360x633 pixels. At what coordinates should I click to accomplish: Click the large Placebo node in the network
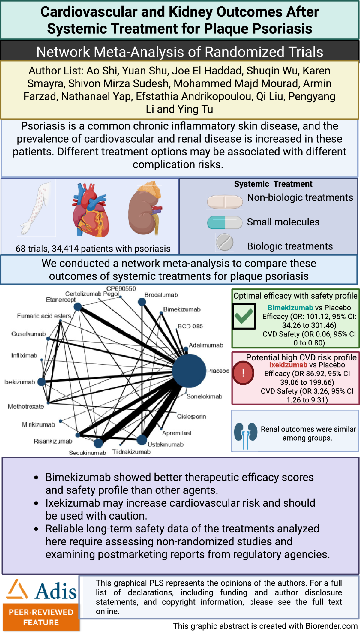click(x=189, y=371)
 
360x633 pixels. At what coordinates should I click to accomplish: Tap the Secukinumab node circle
click(x=98, y=443)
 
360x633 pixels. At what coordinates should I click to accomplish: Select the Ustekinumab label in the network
click(x=165, y=445)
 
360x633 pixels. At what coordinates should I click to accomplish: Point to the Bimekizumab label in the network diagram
click(x=182, y=309)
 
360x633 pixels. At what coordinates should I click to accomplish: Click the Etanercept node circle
click(x=78, y=307)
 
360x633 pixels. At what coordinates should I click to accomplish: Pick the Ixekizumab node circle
click(x=42, y=382)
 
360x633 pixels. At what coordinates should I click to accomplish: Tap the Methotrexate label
click(x=26, y=406)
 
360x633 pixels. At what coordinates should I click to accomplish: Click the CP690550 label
click(x=121, y=288)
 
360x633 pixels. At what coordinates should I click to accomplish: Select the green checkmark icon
click(x=244, y=316)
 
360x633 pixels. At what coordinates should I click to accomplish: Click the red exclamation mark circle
click(x=243, y=373)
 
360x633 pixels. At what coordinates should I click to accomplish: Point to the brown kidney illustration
click(x=145, y=208)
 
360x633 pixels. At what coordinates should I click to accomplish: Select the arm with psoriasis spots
click(x=36, y=208)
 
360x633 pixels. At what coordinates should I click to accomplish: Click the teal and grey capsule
click(x=224, y=222)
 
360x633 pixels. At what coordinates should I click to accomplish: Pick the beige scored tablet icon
click(x=224, y=202)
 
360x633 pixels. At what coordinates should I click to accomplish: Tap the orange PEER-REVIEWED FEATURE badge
click(x=41, y=617)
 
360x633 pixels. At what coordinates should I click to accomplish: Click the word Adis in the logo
click(x=55, y=592)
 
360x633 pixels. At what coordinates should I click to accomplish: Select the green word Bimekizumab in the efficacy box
click(x=290, y=308)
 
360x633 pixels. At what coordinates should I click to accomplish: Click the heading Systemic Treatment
click(x=273, y=184)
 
